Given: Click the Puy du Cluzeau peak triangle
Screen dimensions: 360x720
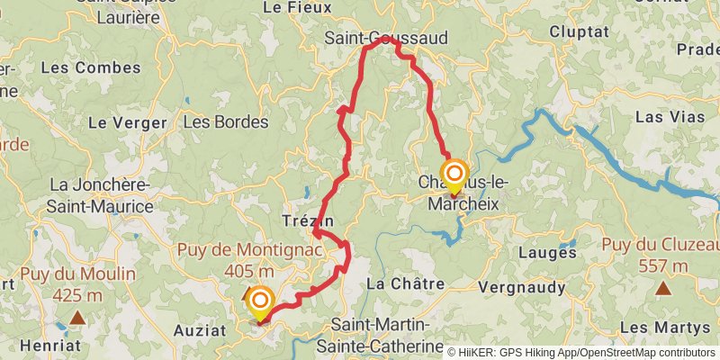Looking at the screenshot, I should [663, 288].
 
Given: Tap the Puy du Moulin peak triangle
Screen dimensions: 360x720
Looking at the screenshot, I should [78, 317].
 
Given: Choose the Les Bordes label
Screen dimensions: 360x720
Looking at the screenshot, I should [225, 121].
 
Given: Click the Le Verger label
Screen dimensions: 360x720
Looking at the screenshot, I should [127, 123].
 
